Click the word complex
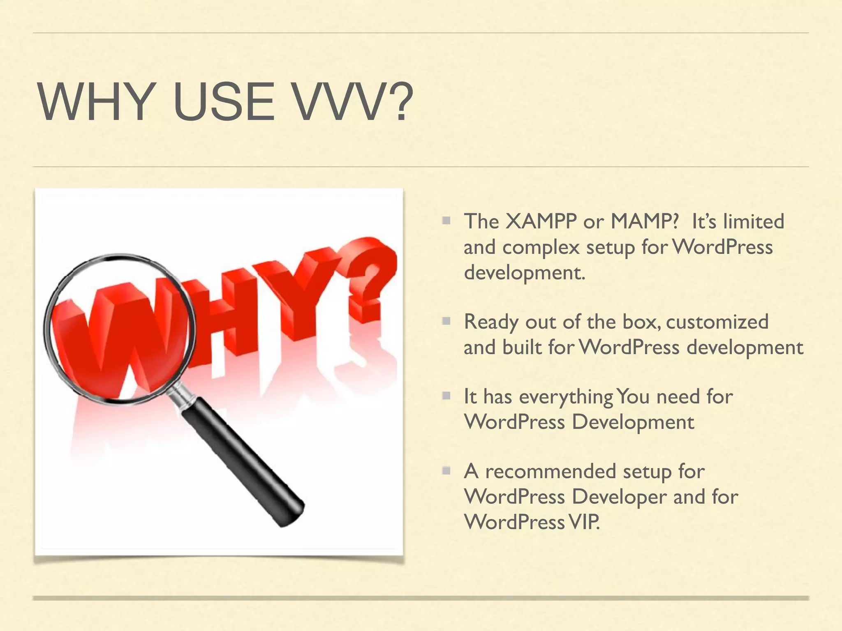point(541,247)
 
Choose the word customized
point(717,322)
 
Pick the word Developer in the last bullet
point(619,497)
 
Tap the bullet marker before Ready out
point(446,321)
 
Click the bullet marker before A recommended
point(446,470)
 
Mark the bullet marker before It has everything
point(446,396)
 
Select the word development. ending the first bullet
point(524,273)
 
